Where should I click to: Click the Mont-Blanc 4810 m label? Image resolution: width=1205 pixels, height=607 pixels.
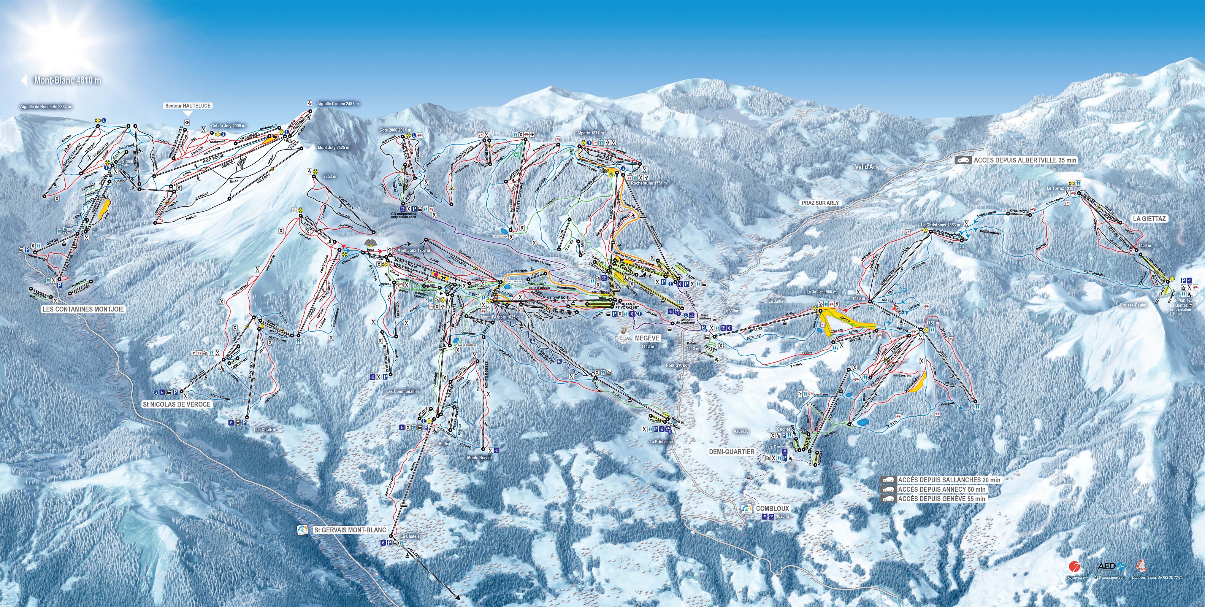pyautogui.click(x=67, y=80)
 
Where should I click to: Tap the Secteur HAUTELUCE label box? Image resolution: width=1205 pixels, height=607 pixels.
pyautogui.click(x=188, y=106)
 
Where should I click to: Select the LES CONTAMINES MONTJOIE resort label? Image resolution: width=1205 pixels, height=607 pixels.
pyautogui.click(x=83, y=309)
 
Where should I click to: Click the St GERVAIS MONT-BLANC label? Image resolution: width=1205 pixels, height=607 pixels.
pyautogui.click(x=350, y=530)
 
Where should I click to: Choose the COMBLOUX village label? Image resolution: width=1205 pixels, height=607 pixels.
pyautogui.click(x=772, y=508)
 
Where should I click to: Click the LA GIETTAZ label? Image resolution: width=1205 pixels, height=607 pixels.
pyautogui.click(x=1149, y=218)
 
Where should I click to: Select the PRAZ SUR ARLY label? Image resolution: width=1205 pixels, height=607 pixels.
pyautogui.click(x=820, y=203)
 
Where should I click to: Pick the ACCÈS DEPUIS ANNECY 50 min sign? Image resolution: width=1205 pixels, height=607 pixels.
pyautogui.click(x=941, y=489)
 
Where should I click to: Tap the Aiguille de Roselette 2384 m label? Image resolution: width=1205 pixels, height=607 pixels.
pyautogui.click(x=45, y=107)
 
